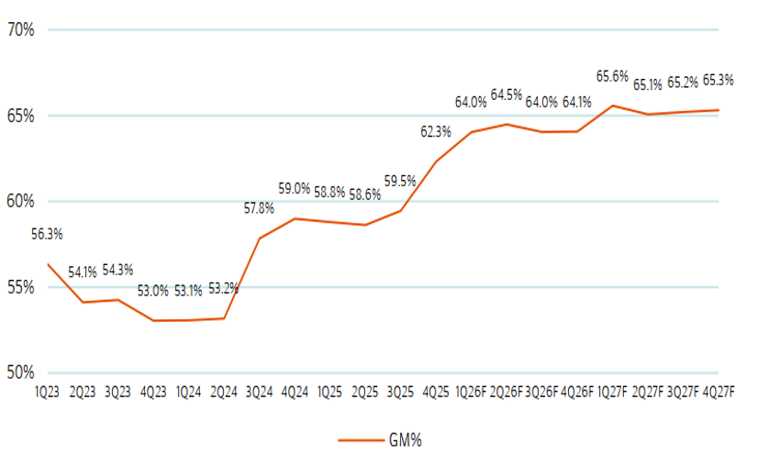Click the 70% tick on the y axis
(20, 29)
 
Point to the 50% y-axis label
(20, 373)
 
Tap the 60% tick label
(20, 202)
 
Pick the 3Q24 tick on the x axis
(259, 392)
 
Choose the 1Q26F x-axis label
(471, 392)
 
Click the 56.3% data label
(47, 234)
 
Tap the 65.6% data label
(612, 76)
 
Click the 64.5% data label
(507, 94)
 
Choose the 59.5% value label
(400, 181)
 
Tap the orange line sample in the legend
(358, 440)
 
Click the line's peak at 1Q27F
(612, 105)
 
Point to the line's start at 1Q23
(48, 264)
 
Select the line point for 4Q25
(436, 161)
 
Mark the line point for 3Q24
(260, 239)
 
